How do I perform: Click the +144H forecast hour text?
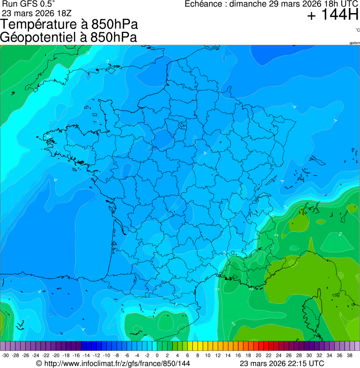pyautogui.click(x=332, y=15)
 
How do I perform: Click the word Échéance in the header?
pyautogui.click(x=204, y=4)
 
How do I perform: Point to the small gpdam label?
pyautogui.click(x=354, y=43)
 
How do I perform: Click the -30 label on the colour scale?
pyautogui.click(x=5, y=355)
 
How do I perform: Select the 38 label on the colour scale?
pyautogui.click(x=350, y=355)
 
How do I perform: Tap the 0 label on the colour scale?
pyautogui.click(x=157, y=355)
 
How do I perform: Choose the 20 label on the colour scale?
pyautogui.click(x=258, y=355)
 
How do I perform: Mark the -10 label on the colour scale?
pyautogui.click(x=106, y=355)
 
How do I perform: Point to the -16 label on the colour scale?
pyautogui.click(x=76, y=355)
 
